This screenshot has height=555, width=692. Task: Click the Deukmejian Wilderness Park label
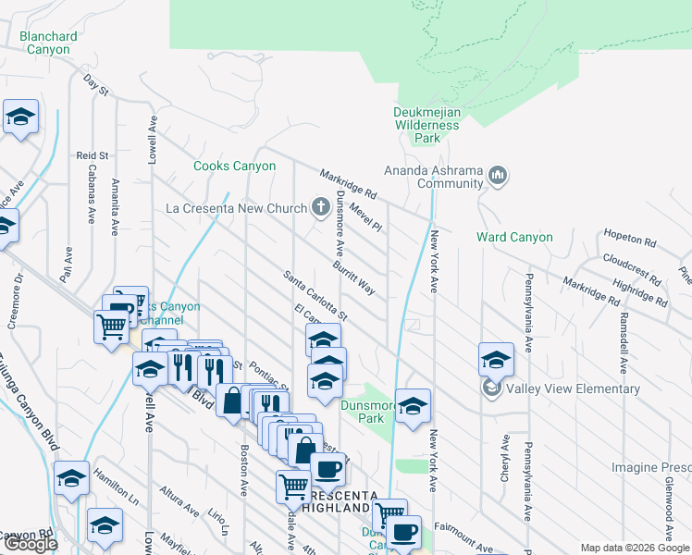pyautogui.click(x=426, y=124)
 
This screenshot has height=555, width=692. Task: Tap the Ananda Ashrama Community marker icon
pyautogui.click(x=498, y=175)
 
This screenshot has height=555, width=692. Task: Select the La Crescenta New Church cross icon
pyautogui.click(x=320, y=206)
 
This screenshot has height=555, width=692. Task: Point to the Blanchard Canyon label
pyautogui.click(x=44, y=43)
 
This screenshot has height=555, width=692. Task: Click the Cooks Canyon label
pyautogui.click(x=234, y=166)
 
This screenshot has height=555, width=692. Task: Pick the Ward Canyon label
pyautogui.click(x=514, y=238)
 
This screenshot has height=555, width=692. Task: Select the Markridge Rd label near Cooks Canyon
pyautogui.click(x=348, y=184)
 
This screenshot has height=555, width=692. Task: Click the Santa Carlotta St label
pyautogui.click(x=315, y=294)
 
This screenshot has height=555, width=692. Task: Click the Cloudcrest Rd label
pyautogui.click(x=632, y=268)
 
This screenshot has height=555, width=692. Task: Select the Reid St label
pyautogui.click(x=93, y=155)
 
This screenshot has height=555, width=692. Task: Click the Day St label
pyautogui.click(x=96, y=85)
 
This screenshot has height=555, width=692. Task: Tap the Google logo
pyautogui.click(x=31, y=544)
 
